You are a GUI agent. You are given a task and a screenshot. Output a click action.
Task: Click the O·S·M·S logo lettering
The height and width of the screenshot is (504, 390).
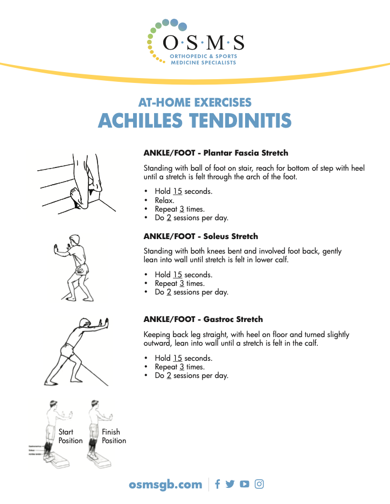click(203, 43)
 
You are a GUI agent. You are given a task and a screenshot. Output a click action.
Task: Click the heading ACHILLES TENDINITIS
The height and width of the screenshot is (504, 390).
click(194, 120)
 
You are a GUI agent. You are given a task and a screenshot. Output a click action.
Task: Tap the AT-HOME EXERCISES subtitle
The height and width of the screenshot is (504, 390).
click(194, 102)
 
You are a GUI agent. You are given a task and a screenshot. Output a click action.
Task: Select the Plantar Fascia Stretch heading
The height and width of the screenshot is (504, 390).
click(215, 153)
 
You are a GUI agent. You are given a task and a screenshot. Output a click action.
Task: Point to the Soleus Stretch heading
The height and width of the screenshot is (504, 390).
click(200, 236)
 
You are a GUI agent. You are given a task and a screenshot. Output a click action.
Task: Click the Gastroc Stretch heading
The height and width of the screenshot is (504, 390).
click(203, 319)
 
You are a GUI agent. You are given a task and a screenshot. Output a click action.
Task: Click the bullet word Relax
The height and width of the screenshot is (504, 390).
click(164, 200)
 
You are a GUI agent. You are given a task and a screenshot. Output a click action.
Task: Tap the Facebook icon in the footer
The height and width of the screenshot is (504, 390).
click(218, 484)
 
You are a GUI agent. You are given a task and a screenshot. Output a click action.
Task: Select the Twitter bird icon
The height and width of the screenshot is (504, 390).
click(230, 484)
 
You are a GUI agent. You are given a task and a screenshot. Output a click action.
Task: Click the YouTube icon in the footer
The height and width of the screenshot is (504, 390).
click(245, 484)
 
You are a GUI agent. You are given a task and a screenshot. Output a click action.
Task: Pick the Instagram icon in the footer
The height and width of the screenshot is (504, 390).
click(259, 484)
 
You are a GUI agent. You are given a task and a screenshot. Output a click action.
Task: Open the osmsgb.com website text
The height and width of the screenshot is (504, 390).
click(166, 484)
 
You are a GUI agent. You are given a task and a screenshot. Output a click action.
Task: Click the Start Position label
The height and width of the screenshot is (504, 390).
click(70, 436)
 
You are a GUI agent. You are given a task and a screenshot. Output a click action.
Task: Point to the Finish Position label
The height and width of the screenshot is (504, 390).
click(114, 436)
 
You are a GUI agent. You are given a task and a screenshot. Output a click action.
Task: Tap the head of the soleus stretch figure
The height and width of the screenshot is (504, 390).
click(75, 239)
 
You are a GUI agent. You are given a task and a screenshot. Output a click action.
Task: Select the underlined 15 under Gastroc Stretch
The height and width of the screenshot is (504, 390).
click(177, 358)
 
